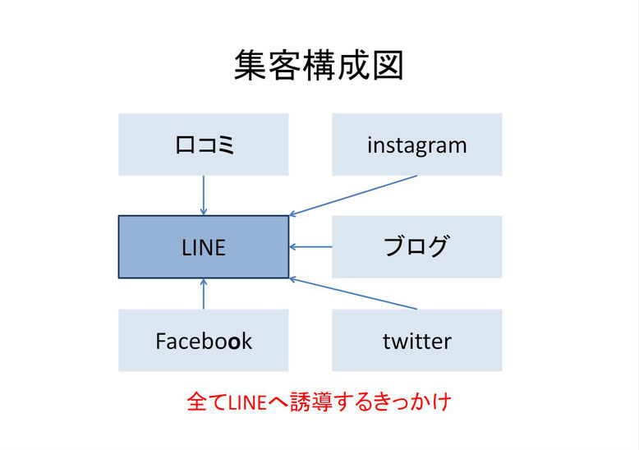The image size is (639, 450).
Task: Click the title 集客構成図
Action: point(319,65)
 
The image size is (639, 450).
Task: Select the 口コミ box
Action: point(204,145)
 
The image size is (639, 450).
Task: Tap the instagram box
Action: point(417,145)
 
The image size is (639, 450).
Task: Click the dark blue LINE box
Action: point(204,247)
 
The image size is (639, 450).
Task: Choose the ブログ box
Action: point(417,247)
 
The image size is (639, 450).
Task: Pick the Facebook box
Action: point(204,340)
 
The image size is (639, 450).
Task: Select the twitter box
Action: point(417,340)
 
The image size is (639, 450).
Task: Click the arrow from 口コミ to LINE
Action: point(204,195)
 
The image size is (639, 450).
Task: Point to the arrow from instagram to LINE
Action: point(353,195)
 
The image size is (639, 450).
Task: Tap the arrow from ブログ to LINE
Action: point(310,247)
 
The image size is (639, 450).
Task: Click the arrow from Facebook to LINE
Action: point(204,294)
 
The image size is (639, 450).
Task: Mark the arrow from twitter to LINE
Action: point(353,294)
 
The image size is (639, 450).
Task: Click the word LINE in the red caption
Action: point(247,402)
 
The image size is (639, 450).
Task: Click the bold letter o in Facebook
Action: point(234,342)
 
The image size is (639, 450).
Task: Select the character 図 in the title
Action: point(388,65)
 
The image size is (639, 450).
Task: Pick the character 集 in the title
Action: point(251,65)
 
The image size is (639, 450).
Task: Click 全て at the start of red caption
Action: point(207,402)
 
